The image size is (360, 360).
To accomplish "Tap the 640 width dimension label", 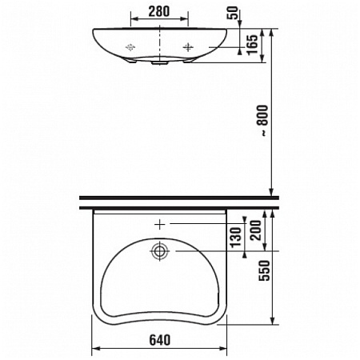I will click(161, 340).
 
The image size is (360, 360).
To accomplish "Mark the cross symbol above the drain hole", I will click(161, 224).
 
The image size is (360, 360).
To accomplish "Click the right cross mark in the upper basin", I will click(189, 47).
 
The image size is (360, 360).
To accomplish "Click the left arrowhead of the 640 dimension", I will click(97, 350).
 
